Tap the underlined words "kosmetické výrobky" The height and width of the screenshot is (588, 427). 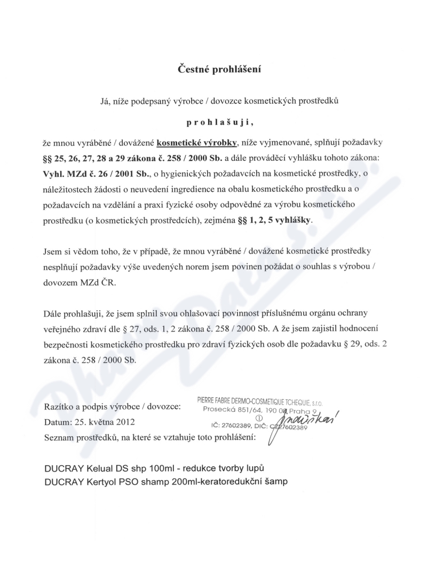(x=197, y=143)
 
